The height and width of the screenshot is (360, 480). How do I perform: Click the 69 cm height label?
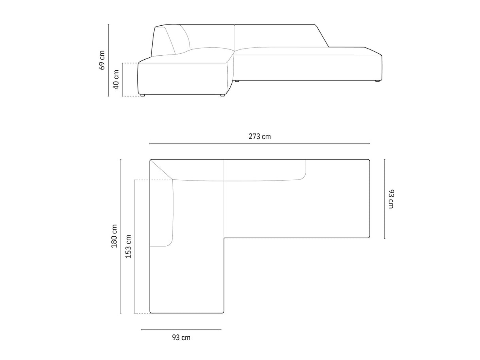pos(102,60)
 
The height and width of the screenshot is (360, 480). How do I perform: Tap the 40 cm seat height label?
pos(116,79)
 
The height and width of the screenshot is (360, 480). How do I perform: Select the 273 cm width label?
pos(260,137)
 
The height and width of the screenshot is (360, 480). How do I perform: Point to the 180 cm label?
pos(114,236)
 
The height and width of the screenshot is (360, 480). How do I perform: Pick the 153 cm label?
pos(128,247)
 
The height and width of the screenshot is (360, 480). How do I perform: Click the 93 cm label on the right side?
pos(391,199)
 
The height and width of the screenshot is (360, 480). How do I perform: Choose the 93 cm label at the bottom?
pos(181,337)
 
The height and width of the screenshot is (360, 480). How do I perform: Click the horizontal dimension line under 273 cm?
pos(260,143)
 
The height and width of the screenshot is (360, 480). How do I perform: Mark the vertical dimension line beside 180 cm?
pos(121,236)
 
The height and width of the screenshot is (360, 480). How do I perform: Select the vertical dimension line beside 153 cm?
pos(135,247)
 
